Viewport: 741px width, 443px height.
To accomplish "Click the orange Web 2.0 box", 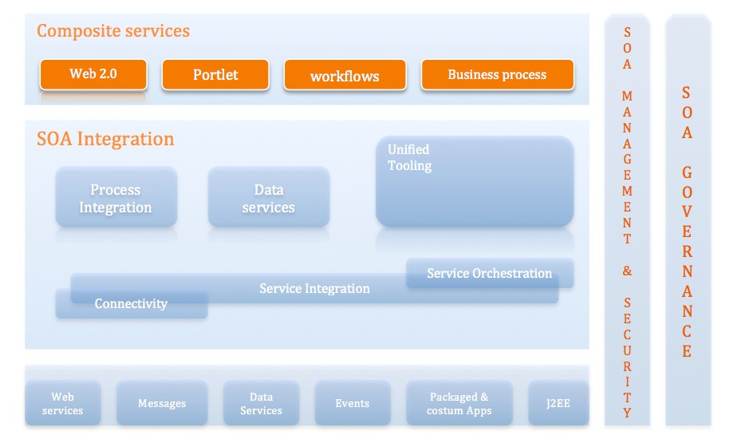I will (x=93, y=74).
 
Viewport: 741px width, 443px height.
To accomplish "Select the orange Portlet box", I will (x=215, y=75).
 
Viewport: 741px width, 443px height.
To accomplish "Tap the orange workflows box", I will (x=345, y=76).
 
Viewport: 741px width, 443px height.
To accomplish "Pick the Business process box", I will (x=497, y=75).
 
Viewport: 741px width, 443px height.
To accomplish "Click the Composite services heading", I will (x=113, y=31).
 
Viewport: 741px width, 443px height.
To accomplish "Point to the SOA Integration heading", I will (x=105, y=139).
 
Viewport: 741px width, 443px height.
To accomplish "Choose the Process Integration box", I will (x=116, y=198).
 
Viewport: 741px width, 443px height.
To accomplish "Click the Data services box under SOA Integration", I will (x=269, y=198).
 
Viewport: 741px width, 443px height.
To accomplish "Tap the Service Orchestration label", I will (x=490, y=273).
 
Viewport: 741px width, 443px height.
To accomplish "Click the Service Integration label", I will (x=314, y=288).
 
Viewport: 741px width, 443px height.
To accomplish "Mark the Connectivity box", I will (x=131, y=304).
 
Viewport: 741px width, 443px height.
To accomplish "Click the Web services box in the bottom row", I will (x=63, y=403).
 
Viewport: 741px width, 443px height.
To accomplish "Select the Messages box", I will (x=162, y=403).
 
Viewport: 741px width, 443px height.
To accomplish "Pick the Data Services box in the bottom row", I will (x=261, y=403).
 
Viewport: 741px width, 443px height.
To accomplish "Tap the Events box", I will (x=353, y=403).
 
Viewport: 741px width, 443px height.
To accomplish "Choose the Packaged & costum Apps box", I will (x=459, y=403).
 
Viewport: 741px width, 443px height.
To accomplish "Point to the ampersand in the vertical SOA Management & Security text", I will (x=627, y=271).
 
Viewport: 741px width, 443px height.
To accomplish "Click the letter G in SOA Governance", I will (x=687, y=172).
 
